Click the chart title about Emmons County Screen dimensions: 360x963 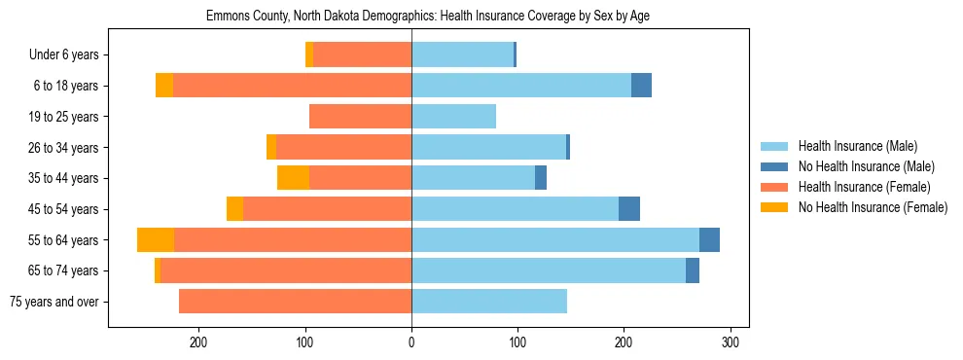point(428,17)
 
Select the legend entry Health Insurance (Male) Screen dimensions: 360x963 point(857,146)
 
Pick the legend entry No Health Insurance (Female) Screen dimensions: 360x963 point(873,207)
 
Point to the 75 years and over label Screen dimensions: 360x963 point(53,302)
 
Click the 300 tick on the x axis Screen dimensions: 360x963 point(731,342)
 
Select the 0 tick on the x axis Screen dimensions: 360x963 point(411,342)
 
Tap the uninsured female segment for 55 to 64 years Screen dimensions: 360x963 point(156,240)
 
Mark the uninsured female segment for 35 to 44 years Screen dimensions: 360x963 point(293,178)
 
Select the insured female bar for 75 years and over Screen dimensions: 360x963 point(295,302)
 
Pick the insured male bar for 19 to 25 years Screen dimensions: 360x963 point(453,117)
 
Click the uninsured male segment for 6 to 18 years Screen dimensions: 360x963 point(641,86)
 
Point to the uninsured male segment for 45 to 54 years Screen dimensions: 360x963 point(629,209)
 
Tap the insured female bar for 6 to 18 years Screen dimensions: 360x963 point(292,86)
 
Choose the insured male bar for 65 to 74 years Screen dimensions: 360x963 point(549,270)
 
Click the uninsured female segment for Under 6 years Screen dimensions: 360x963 point(309,55)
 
